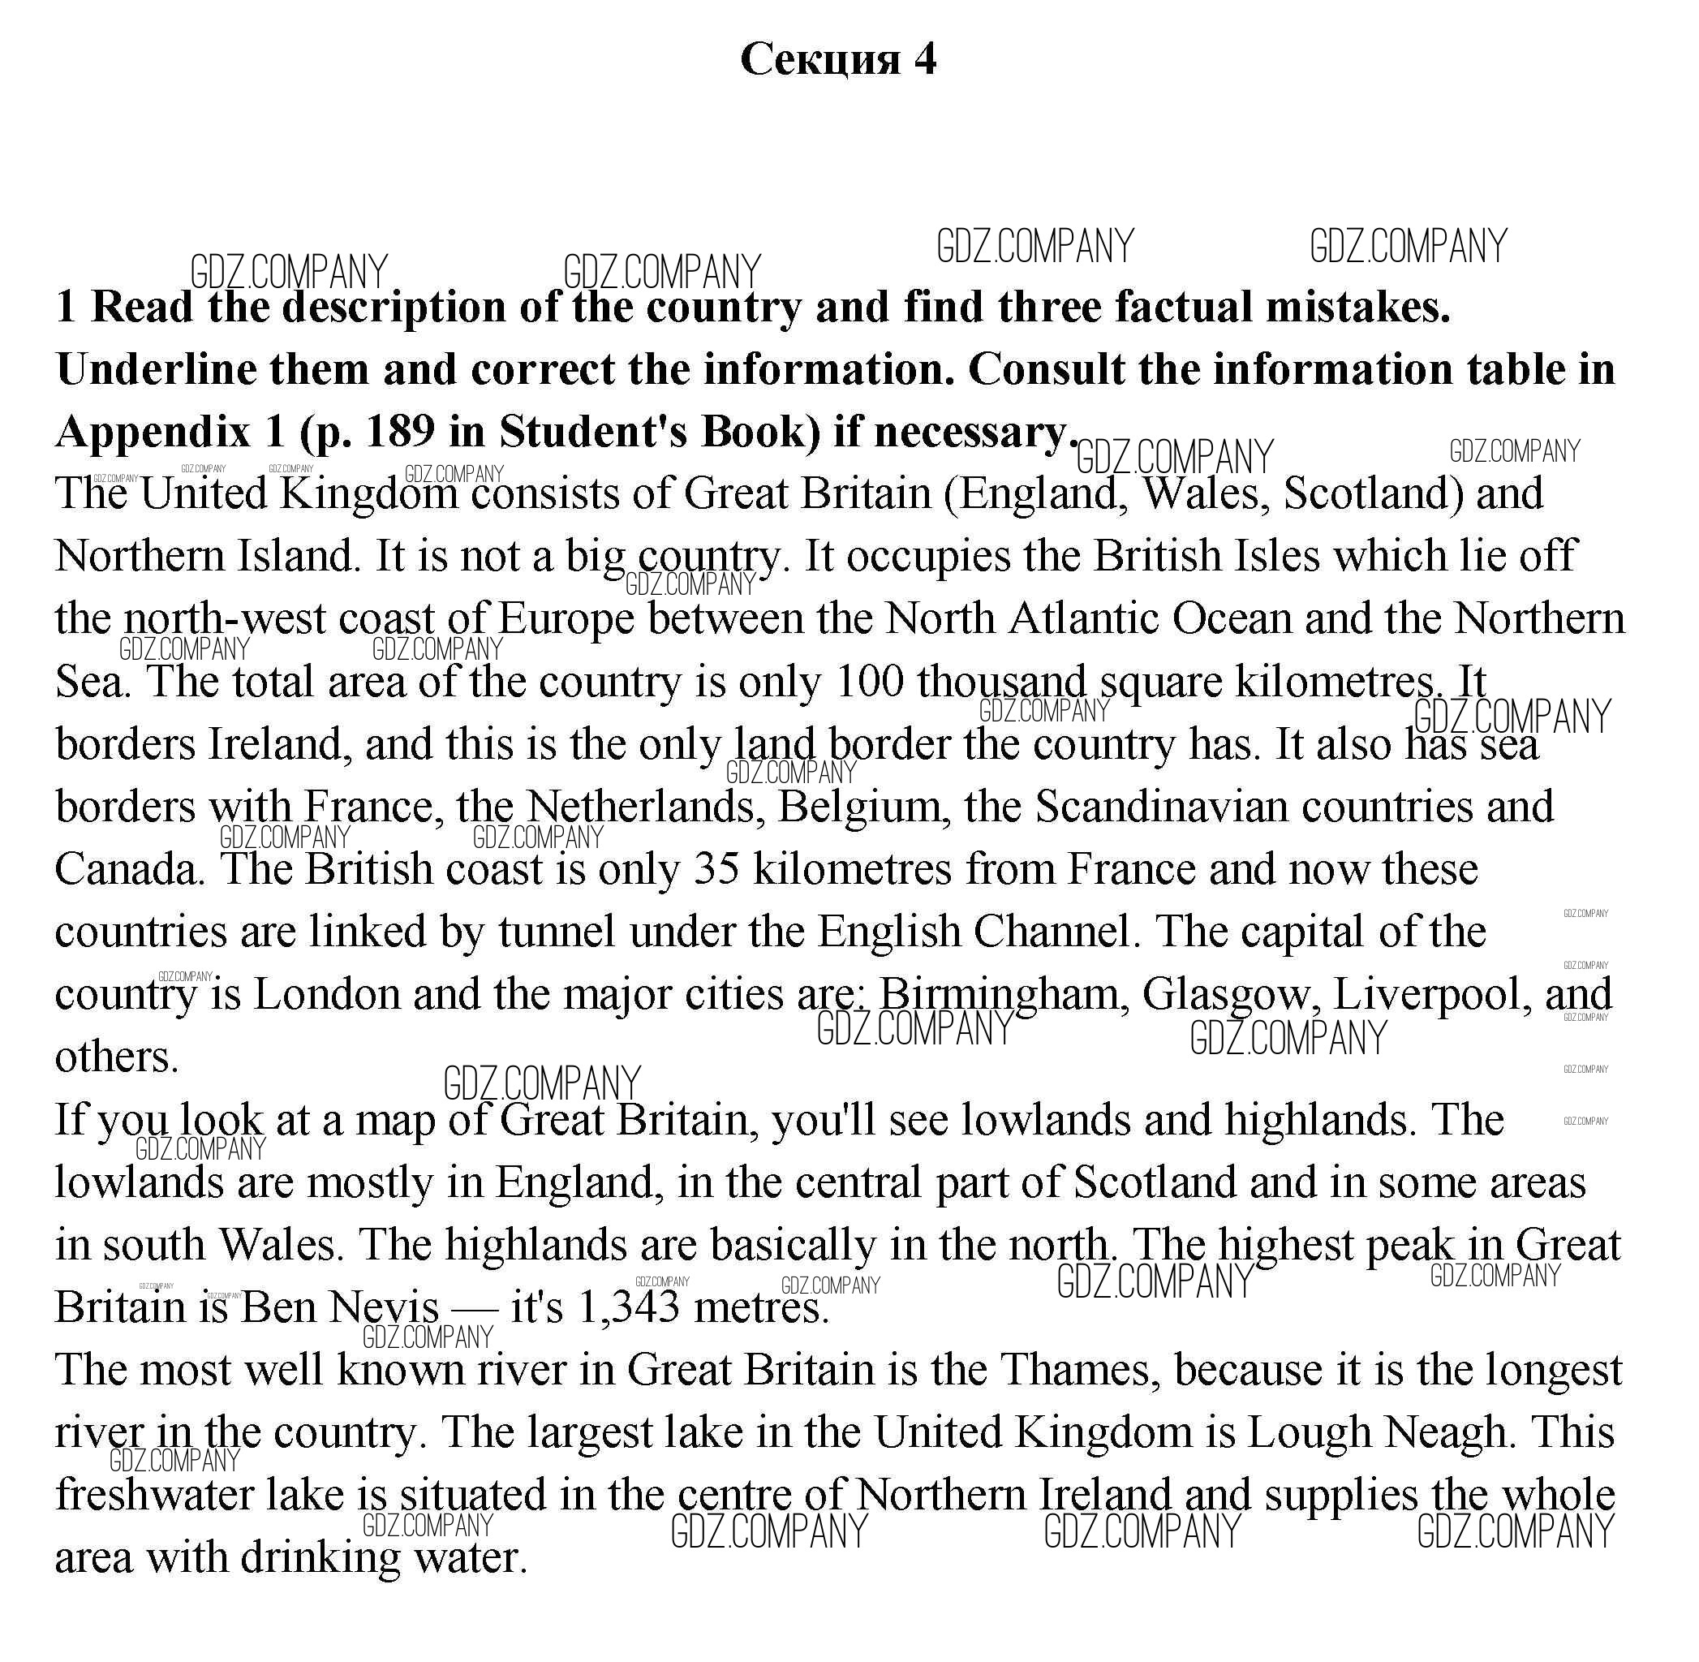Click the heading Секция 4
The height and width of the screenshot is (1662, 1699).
pyautogui.click(x=837, y=60)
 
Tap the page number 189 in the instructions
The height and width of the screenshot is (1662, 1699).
pyautogui.click(x=400, y=431)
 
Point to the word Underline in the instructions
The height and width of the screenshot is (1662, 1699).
pyautogui.click(x=154, y=369)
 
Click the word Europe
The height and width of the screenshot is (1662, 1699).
pyautogui.click(x=566, y=619)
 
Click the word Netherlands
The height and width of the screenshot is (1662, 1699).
pyautogui.click(x=641, y=807)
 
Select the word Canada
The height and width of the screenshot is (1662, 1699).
pyautogui.click(x=127, y=869)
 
